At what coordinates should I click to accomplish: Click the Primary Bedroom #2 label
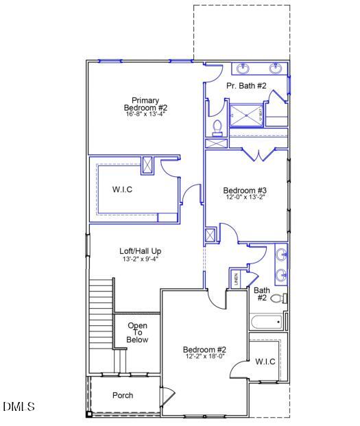coord(145,104)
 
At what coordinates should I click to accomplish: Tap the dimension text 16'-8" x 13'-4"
coord(145,114)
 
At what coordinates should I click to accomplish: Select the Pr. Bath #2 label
coord(246,86)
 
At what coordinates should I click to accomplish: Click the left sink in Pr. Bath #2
coord(243,68)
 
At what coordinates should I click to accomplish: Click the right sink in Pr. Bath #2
coord(276,68)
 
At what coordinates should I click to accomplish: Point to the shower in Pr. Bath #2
coord(245,115)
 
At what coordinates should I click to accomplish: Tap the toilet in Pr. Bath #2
coord(217,128)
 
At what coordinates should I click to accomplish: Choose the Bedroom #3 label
coord(245,190)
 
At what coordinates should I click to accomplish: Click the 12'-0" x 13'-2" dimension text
coord(245,197)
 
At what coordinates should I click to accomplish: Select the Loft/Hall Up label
coord(141,251)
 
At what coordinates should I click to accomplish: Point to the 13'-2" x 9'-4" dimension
coord(141,259)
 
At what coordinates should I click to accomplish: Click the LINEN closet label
coord(236,279)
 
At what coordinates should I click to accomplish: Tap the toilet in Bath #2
coord(278,298)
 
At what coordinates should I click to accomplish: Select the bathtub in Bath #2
coord(267,322)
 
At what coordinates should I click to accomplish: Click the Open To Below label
coord(137,333)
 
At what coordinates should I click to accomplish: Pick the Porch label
coord(123,395)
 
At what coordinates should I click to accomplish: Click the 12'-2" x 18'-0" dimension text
coord(205,356)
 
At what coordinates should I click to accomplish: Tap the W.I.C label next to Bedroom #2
coord(265,361)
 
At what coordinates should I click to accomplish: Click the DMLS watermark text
coord(19,407)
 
